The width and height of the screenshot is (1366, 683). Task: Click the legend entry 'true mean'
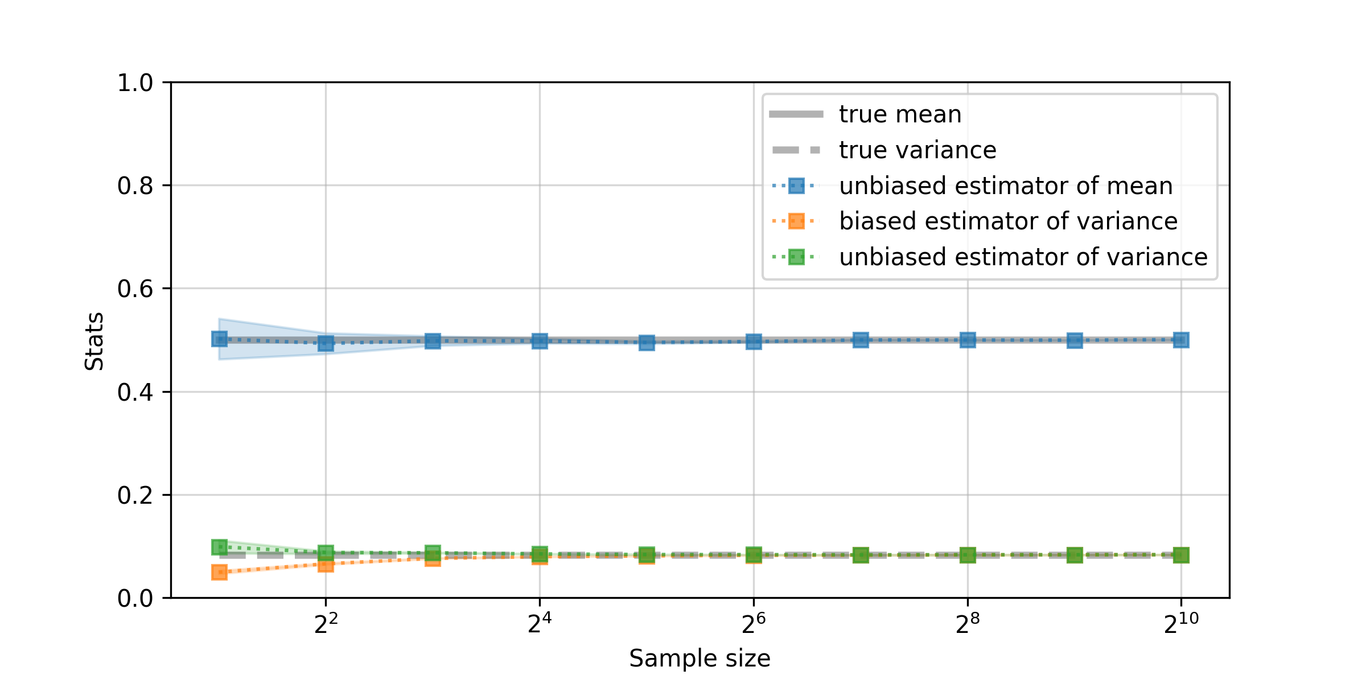click(x=900, y=114)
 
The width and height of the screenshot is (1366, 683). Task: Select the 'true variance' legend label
click(x=917, y=150)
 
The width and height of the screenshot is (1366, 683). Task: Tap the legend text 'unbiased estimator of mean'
click(x=1006, y=186)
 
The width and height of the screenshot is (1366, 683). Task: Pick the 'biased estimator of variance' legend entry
click(x=1008, y=221)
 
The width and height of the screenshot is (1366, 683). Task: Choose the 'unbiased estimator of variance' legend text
click(x=1023, y=257)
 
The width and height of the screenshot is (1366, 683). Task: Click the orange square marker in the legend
click(x=796, y=221)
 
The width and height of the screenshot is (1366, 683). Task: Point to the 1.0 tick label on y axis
click(x=135, y=83)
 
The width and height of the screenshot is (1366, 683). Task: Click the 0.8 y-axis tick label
click(x=135, y=186)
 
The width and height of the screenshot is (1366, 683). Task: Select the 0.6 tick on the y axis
click(x=135, y=289)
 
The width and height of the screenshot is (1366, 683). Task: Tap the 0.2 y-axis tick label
click(x=135, y=496)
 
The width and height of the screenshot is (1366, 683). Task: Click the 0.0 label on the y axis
click(x=135, y=599)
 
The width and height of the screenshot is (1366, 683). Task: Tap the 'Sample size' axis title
click(x=700, y=659)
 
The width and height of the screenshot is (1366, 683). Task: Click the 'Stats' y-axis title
click(x=94, y=341)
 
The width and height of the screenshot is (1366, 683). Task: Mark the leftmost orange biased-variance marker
click(x=219, y=572)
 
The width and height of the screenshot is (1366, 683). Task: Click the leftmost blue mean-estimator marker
click(x=219, y=339)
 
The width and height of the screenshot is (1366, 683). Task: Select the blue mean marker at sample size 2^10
click(x=1181, y=340)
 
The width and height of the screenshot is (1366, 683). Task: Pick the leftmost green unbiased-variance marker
click(x=219, y=547)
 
